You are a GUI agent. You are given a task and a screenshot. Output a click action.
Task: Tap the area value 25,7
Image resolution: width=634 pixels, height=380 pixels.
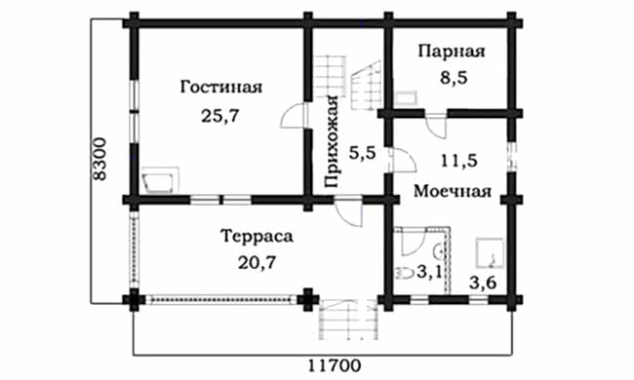click(x=221, y=116)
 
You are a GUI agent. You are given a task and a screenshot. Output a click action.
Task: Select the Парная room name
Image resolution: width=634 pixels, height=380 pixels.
click(x=451, y=51)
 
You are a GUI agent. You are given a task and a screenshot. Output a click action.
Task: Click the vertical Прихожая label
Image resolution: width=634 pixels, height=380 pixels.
click(x=332, y=142)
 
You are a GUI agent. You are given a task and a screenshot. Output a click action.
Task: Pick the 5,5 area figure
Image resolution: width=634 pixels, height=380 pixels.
click(x=362, y=153)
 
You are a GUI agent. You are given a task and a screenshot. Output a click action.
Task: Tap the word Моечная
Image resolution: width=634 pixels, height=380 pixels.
click(x=451, y=190)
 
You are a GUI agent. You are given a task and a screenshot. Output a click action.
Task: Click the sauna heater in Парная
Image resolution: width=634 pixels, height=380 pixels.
click(x=406, y=95)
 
